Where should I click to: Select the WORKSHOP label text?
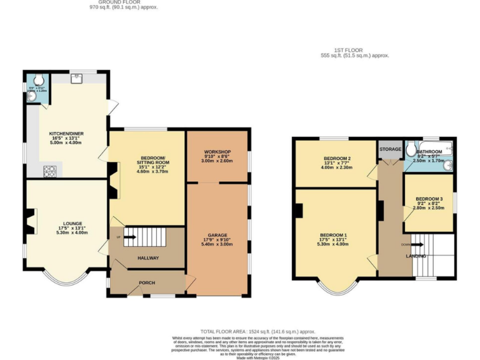point(217,152)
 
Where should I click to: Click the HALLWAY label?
point(148,257)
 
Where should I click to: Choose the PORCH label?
point(146,282)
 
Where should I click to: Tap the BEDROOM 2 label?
point(336,159)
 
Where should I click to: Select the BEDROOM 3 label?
point(429,199)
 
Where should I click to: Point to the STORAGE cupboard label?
point(390,150)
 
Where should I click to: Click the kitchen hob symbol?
point(49,171)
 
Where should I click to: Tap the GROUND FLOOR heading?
point(119,2)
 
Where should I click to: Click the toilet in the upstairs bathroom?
point(411,149)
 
